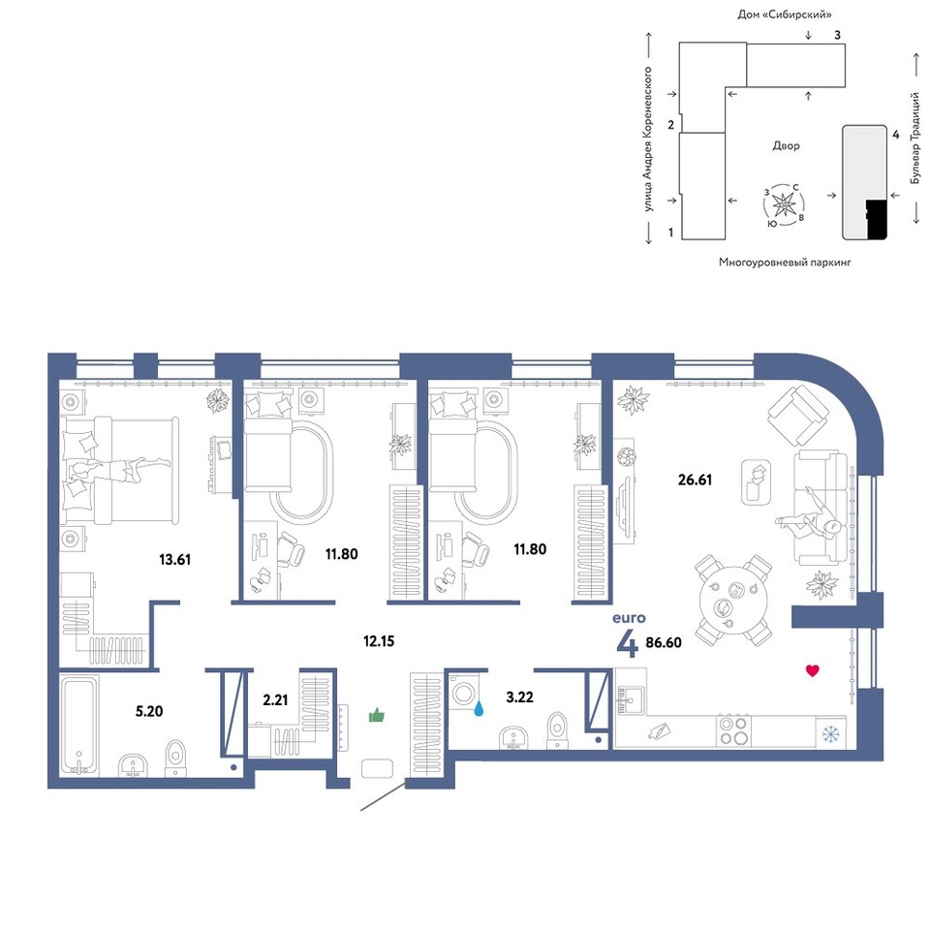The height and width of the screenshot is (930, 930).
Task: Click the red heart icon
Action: coord(813,670)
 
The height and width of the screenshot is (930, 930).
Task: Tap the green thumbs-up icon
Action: coord(377,715)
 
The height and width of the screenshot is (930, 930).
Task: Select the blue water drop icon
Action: coord(479,708)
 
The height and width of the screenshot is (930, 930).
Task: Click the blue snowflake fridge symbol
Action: coord(831,735)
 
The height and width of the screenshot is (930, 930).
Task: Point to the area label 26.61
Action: coord(696,480)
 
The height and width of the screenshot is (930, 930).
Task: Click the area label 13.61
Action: coord(175,559)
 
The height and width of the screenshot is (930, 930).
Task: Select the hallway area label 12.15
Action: coord(379,640)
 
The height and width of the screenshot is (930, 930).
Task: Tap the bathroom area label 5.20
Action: coord(149,710)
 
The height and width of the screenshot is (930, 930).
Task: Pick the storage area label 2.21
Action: coord(275,699)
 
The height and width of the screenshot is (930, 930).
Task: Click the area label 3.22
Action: coord(519,697)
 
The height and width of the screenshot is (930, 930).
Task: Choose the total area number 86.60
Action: coord(664,642)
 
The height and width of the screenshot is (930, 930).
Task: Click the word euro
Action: coord(629,618)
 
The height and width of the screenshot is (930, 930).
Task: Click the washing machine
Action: coord(463,691)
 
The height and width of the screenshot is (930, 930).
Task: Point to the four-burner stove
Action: coord(733,730)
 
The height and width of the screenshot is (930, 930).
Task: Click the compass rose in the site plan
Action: coord(784,205)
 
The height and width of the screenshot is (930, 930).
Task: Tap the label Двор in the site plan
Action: coord(786,146)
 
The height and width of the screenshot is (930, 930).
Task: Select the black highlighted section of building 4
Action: coord(876,219)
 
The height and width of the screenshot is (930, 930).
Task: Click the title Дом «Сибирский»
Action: coord(784,15)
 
